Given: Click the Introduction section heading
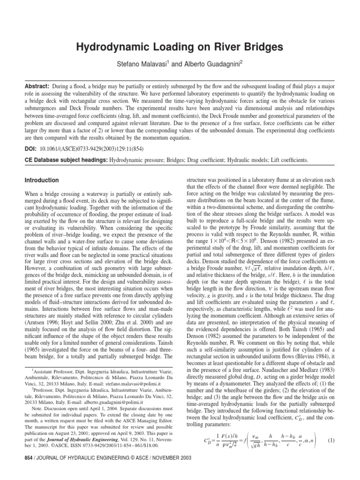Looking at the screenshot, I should click(41, 180).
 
